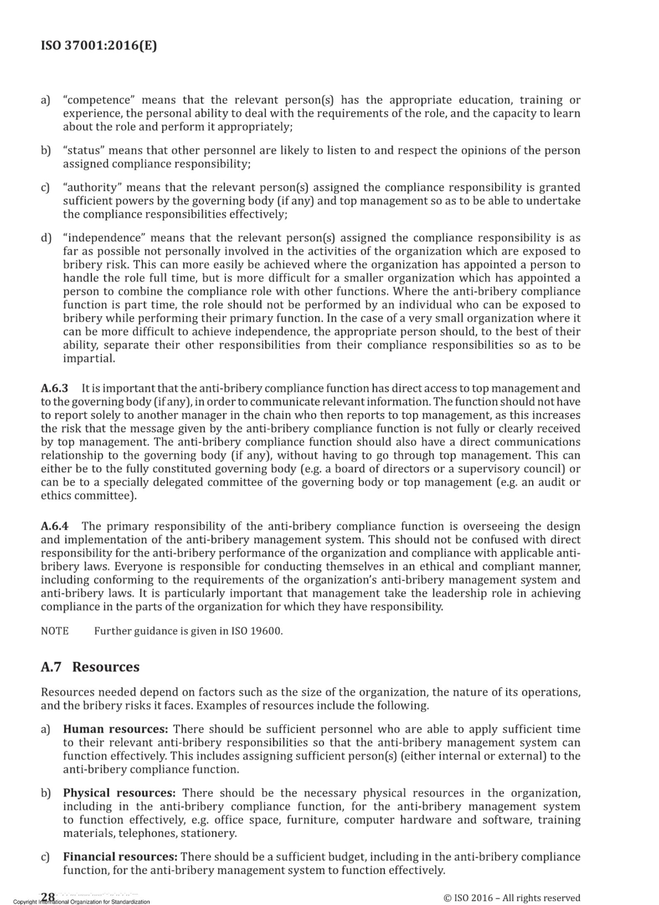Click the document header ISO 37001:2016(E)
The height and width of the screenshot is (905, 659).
click(x=99, y=45)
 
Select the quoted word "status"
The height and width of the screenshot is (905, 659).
click(x=83, y=150)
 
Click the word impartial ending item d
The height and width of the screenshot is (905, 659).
click(x=88, y=358)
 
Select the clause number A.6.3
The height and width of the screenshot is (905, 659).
click(x=54, y=389)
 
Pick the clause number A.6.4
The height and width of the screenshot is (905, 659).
click(x=54, y=527)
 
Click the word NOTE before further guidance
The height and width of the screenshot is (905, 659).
click(x=54, y=631)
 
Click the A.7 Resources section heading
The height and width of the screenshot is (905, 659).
click(x=90, y=667)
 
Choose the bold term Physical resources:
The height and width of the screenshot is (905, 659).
click(x=119, y=793)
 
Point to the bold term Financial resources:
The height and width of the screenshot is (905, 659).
click(x=120, y=857)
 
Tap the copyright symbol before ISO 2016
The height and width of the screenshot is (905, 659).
click(x=448, y=898)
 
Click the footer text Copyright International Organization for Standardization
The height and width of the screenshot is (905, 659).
click(x=81, y=902)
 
